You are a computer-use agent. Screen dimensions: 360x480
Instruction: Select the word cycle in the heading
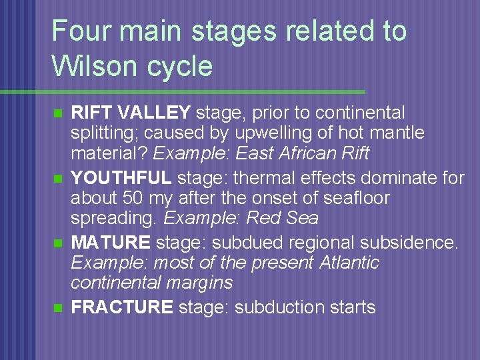click(x=180, y=67)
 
